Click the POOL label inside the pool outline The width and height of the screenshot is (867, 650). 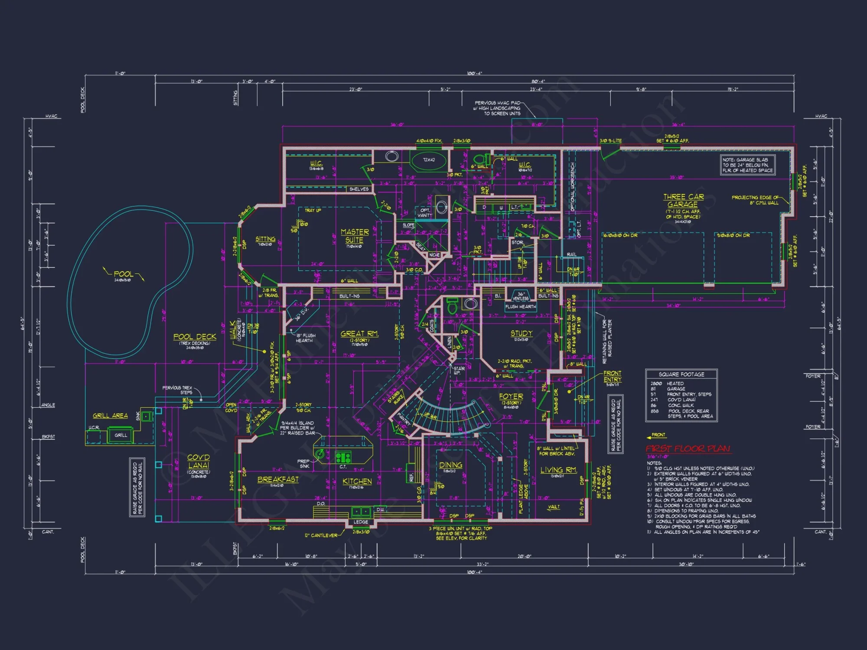tap(124, 274)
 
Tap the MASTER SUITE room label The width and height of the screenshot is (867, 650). tap(355, 236)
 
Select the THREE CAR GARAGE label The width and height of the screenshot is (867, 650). tap(683, 200)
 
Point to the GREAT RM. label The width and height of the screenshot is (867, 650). tap(359, 334)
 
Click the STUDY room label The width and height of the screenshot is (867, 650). tap(522, 333)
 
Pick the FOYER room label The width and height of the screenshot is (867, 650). tap(511, 396)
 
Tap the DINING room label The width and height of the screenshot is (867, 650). tap(450, 465)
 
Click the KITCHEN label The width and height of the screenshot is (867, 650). tap(357, 481)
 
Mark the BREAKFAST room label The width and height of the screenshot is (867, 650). tap(278, 479)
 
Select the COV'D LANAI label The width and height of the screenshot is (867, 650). tap(199, 461)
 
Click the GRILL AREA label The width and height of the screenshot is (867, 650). tap(110, 416)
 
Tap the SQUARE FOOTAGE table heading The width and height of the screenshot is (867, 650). tap(681, 374)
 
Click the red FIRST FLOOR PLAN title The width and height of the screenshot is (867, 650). tap(688, 448)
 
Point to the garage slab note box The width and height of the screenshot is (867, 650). tap(747, 165)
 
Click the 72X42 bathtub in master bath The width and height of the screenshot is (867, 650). tap(429, 160)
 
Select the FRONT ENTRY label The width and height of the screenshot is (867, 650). tap(612, 376)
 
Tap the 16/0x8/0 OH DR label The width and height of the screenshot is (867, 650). tap(620, 235)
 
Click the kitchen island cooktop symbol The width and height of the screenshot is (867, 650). tap(343, 457)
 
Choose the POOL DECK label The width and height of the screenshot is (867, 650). tap(195, 337)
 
